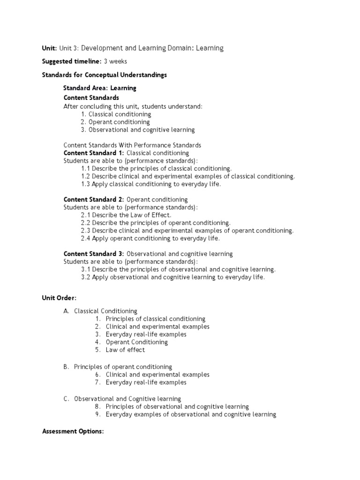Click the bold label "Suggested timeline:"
tap(72, 61)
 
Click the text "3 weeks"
tap(115, 61)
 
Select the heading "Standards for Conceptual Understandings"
tap(105, 75)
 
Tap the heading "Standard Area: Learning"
tap(100, 88)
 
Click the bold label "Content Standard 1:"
tap(94, 153)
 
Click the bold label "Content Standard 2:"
tap(94, 199)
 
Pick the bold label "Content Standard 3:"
tap(94, 254)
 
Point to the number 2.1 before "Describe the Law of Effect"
tap(86, 215)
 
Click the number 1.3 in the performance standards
tap(86, 184)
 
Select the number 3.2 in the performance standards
tap(86, 277)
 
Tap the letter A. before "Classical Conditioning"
tap(66, 311)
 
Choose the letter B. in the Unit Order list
tap(66, 367)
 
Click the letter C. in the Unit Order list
tap(66, 399)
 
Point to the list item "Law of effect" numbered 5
tap(125, 350)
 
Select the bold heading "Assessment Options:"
tap(73, 431)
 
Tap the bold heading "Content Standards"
tap(91, 97)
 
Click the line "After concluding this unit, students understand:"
tap(133, 106)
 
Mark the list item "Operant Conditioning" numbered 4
tap(136, 342)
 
